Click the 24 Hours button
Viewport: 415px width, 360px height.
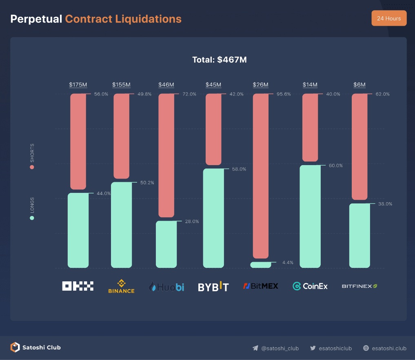coord(389,18)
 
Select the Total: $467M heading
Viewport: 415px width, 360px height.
coord(220,60)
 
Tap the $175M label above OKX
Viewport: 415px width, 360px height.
coord(78,85)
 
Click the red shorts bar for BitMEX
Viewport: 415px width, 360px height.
coord(261,175)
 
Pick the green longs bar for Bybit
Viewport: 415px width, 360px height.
coord(213,218)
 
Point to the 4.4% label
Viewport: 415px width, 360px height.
coord(288,263)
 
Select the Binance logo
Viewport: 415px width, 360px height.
coord(121,286)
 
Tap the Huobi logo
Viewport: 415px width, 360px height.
coord(166,287)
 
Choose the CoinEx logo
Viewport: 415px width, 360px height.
coord(310,286)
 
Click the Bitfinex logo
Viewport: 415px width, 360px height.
coord(360,286)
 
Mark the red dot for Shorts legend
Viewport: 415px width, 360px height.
coord(32,167)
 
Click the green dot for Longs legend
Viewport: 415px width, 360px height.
coord(32,218)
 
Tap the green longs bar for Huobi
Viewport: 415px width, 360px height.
coord(166,244)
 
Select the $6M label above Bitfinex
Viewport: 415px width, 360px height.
coord(360,85)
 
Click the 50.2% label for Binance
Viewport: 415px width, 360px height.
coord(147,183)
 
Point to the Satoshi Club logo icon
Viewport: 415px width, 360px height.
coord(15,347)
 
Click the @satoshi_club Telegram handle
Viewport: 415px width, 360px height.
coord(280,348)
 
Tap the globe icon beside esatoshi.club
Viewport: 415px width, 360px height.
coord(366,348)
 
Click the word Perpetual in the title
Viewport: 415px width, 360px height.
coord(36,19)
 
